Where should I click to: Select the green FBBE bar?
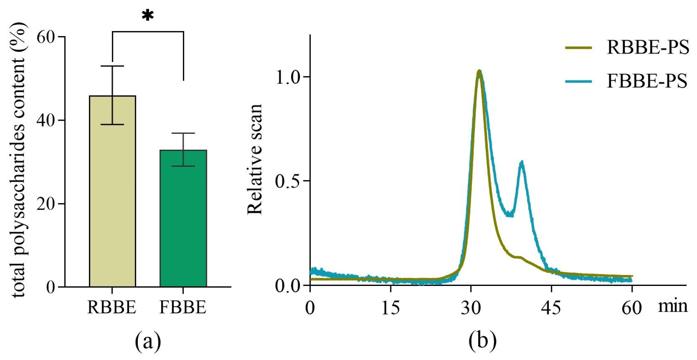coord(183,218)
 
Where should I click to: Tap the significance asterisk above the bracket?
coord(148,16)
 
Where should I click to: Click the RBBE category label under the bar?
coord(112,307)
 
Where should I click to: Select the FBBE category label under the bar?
coord(183,307)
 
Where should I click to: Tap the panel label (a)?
coord(148,341)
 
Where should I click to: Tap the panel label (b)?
coord(482,341)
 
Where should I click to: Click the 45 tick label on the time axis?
coord(551,308)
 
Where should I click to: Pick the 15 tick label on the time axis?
coord(391,308)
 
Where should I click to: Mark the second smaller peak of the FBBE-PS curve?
coord(522,163)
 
